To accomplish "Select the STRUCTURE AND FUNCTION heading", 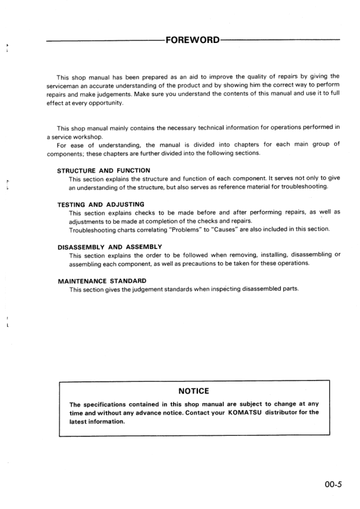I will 103,170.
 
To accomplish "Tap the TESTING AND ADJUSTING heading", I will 100,204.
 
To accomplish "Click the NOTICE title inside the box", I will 193,391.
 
